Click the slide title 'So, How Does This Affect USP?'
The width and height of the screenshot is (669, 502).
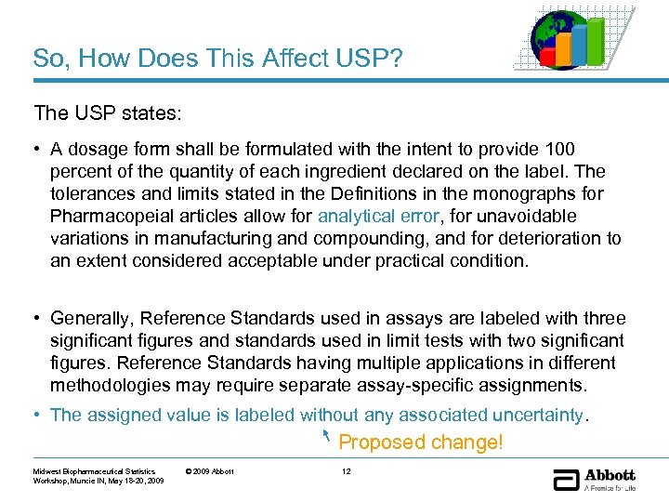(217, 59)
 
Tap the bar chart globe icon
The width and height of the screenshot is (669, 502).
(572, 38)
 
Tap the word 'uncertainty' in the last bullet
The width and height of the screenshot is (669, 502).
(538, 415)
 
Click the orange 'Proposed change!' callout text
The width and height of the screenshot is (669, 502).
(420, 443)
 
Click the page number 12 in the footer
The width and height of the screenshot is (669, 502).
(347, 471)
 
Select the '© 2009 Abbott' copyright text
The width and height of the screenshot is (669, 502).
(209, 471)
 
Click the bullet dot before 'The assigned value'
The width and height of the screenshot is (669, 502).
(38, 415)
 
